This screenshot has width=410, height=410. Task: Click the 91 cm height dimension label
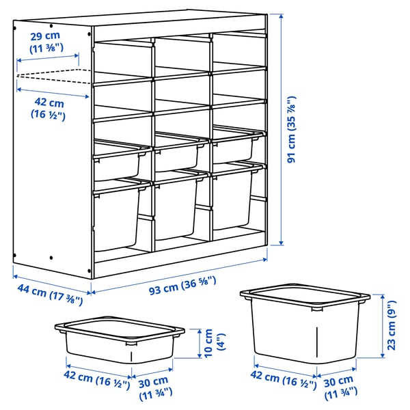coord(292,129)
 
